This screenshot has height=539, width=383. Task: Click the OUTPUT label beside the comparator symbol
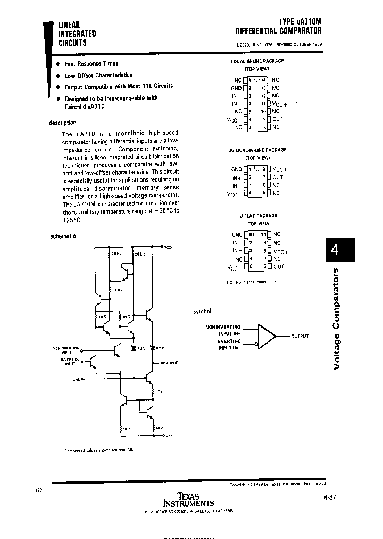point(299,337)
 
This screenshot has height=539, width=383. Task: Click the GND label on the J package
point(236,88)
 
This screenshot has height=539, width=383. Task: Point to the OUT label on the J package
point(277,119)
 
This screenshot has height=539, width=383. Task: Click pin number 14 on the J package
point(263,80)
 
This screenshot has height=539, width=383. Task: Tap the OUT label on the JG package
point(278,177)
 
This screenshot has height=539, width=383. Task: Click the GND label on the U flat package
point(237,234)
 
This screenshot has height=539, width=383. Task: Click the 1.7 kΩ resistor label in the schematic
point(159,392)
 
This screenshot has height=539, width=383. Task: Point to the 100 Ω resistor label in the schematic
point(127,428)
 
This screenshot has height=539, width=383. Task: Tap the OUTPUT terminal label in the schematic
point(171,363)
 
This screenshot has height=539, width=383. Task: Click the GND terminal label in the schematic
point(76,380)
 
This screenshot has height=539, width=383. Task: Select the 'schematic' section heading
point(63,236)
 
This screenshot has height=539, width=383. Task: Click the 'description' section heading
point(63,123)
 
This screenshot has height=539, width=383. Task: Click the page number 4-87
point(329,497)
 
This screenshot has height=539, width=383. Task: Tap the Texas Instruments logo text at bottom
point(188,500)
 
